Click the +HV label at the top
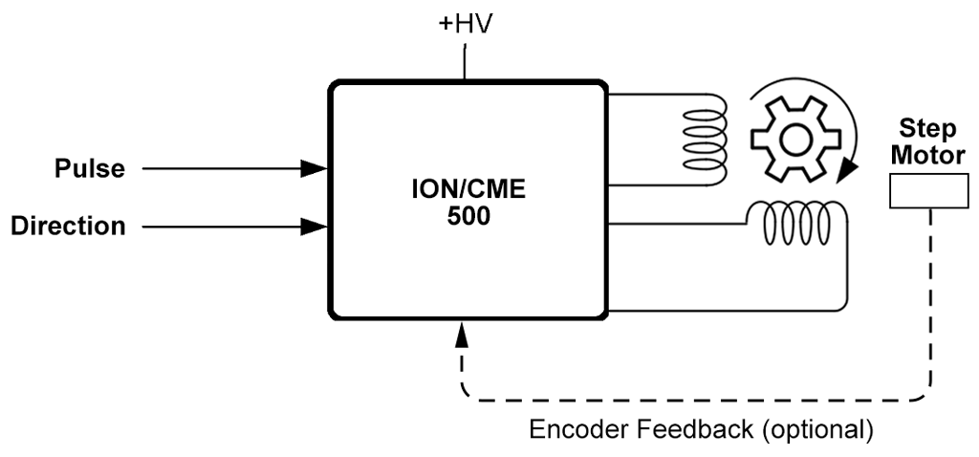tap(465, 23)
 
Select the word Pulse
tap(89, 169)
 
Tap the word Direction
tap(68, 227)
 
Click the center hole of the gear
tap(790, 141)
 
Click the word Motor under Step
tap(927, 154)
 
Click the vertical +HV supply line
tap(465, 62)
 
